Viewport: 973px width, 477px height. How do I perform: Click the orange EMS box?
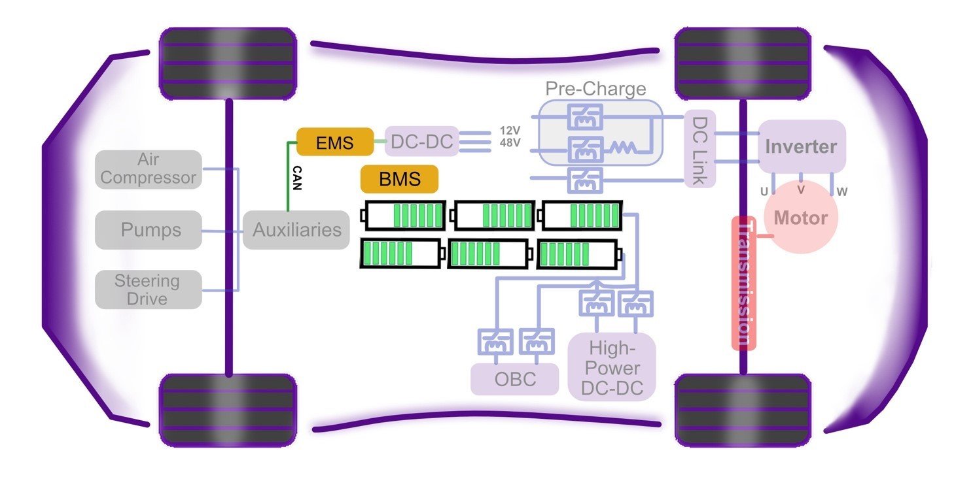tap(334, 141)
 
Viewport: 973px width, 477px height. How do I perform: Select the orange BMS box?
tap(398, 178)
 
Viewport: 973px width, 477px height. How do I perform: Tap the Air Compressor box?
tap(148, 169)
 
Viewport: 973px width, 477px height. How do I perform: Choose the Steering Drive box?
tap(148, 289)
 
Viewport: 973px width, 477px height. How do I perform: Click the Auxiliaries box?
tap(296, 229)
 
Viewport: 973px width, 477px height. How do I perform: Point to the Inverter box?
tap(802, 146)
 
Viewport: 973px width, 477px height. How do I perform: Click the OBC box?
tap(515, 379)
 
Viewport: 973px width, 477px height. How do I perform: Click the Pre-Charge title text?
tap(595, 89)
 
